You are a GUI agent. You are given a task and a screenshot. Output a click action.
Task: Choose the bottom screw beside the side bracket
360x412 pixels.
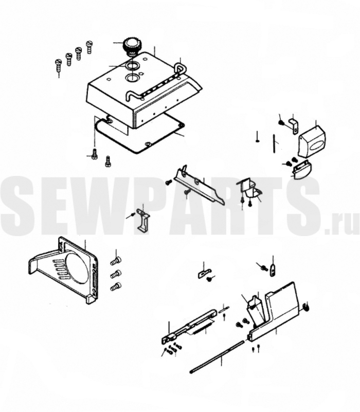(x=116, y=286)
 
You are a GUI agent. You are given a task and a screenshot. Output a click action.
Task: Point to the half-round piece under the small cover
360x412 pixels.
(x=302, y=170)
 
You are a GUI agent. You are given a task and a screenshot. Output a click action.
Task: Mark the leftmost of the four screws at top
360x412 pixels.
(x=58, y=65)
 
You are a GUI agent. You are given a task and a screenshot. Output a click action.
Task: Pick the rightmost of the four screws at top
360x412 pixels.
(x=89, y=47)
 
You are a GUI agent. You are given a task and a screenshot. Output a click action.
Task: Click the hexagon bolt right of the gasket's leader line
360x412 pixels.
(x=107, y=162)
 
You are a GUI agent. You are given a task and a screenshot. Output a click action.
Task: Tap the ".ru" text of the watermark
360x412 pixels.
(x=341, y=225)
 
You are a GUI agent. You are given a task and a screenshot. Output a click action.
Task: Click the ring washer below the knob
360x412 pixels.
(x=131, y=66)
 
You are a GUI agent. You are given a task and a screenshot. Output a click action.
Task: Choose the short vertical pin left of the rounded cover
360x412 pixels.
(x=274, y=142)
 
